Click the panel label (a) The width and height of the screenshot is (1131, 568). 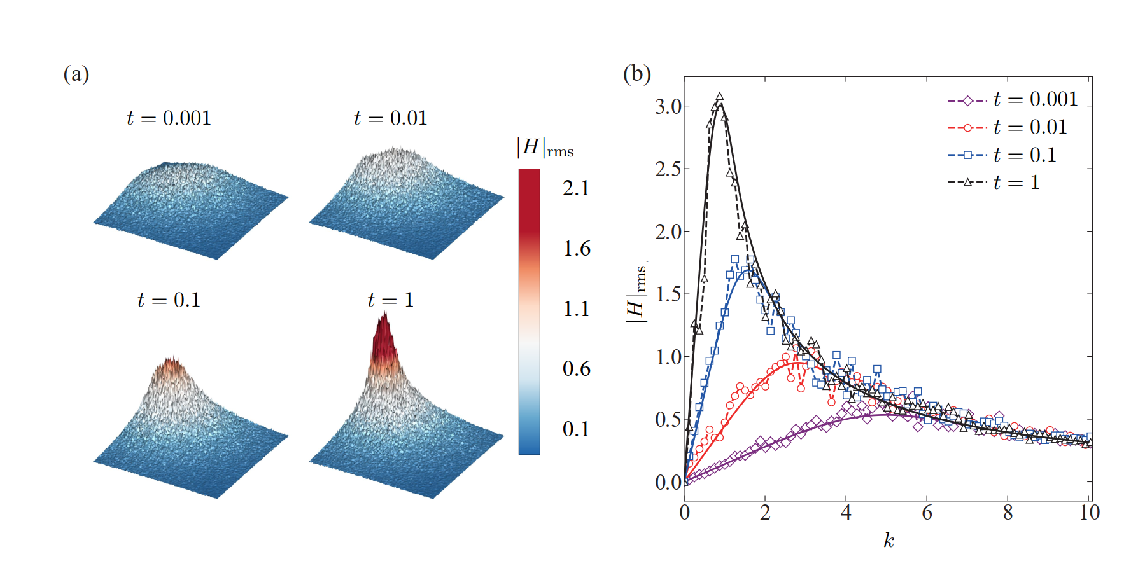[76, 74]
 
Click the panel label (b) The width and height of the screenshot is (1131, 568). [636, 74]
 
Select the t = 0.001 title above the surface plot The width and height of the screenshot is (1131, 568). [169, 118]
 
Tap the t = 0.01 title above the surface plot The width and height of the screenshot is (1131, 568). [390, 118]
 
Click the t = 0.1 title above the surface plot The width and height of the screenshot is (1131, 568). [169, 300]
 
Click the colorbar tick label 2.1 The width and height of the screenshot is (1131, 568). [576, 188]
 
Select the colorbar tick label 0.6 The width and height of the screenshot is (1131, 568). [576, 369]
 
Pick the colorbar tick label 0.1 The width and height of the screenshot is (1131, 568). [576, 429]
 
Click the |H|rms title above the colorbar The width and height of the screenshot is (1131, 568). [545, 148]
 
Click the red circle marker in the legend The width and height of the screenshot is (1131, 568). [967, 128]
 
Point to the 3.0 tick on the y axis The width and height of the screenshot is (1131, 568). [668, 107]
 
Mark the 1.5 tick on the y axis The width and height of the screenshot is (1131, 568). [668, 294]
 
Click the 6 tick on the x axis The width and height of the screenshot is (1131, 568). [927, 513]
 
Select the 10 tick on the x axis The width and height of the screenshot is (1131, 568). [1090, 513]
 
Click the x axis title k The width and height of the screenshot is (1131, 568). [889, 541]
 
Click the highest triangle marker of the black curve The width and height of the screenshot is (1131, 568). [720, 97]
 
